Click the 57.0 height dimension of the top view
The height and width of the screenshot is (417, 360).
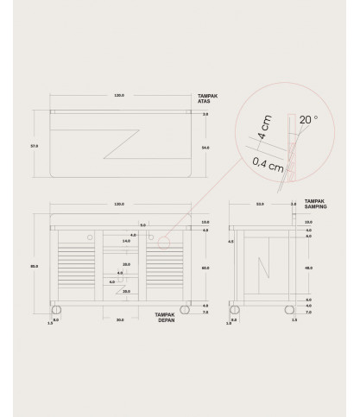click(34, 145)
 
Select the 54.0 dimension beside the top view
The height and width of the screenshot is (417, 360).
click(205, 148)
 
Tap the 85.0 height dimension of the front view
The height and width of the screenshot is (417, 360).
click(34, 266)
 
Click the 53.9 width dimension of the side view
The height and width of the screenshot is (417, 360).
click(260, 204)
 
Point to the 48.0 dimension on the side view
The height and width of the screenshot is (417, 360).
click(308, 268)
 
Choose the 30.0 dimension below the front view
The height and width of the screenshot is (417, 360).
click(120, 320)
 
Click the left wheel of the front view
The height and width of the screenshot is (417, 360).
click(57, 308)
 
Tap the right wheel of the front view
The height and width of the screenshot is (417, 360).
click(186, 308)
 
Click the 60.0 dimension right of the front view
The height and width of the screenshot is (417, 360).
click(205, 269)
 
